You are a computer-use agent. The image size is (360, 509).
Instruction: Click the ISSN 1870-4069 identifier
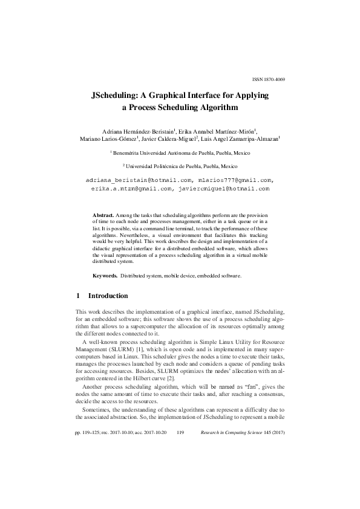point(268,79)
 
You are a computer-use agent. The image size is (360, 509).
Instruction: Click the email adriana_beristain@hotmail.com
point(139,180)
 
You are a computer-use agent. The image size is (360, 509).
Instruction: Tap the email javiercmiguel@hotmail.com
point(223,189)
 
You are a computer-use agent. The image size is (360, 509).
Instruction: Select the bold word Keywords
point(105,275)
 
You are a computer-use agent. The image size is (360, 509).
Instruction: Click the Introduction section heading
point(108,296)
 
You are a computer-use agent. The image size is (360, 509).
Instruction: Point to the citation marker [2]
point(172,378)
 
